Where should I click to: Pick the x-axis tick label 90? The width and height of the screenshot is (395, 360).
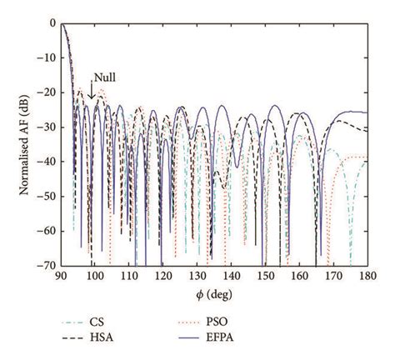[x=62, y=277]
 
